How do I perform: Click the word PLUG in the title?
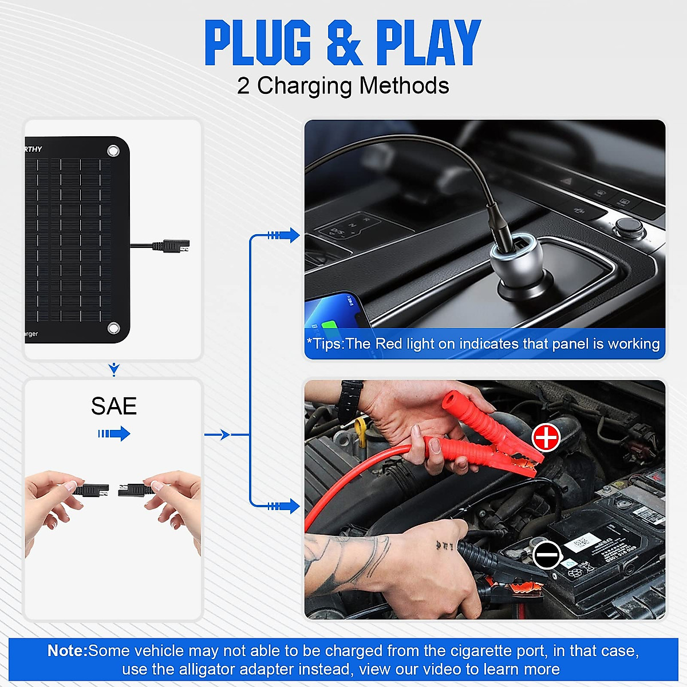pos(258,43)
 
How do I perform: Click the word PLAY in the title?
pos(428,43)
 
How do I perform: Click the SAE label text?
pos(113,406)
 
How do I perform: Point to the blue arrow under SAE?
pos(114,433)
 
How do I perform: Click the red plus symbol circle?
pos(546,437)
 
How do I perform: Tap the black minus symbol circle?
pos(547,555)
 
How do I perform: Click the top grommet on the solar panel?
pos(113,151)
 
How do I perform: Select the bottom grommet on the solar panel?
pos(113,328)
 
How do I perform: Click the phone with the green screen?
pos(335,315)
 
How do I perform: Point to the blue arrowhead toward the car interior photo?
pos(293,235)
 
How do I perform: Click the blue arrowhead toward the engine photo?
pos(293,506)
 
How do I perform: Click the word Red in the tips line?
pos(389,343)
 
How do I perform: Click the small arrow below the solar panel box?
pos(114,370)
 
